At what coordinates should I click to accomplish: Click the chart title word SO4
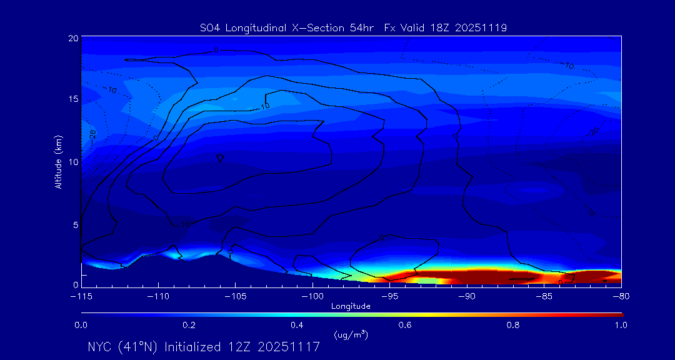[x=210, y=27]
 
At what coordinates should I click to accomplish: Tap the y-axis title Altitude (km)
[x=58, y=161]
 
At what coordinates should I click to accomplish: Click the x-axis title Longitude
[x=351, y=306]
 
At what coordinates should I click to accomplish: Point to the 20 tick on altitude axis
[x=72, y=38]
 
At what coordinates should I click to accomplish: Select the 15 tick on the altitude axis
[x=72, y=99]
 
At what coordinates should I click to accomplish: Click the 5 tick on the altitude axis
[x=75, y=224]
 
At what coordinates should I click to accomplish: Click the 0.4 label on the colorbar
[x=297, y=325]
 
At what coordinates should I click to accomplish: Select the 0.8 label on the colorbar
[x=513, y=325]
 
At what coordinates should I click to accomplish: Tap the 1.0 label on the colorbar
[x=621, y=325]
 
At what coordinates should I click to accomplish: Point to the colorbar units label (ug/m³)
[x=351, y=335]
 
